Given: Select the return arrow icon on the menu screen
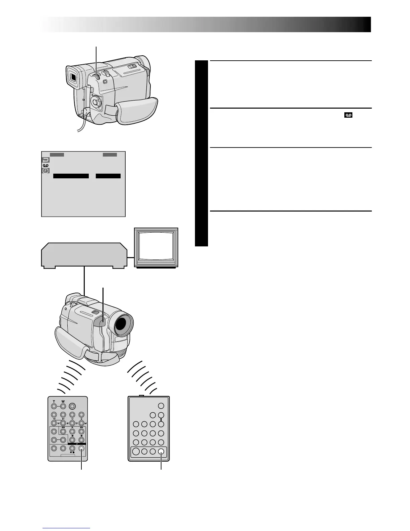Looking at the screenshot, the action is click(46, 160).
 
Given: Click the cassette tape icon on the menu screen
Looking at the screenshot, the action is click(46, 165).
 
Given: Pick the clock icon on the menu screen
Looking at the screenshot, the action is click(46, 171).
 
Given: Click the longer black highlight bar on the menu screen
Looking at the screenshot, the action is click(71, 176).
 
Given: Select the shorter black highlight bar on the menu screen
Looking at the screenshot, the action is click(108, 176).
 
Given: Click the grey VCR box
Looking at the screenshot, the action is click(84, 255).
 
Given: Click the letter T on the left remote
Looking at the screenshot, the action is click(53, 401).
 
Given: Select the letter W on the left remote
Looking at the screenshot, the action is click(63, 401).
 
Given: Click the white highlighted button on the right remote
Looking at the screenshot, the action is click(161, 451).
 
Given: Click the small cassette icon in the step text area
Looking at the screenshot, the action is click(349, 115).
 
